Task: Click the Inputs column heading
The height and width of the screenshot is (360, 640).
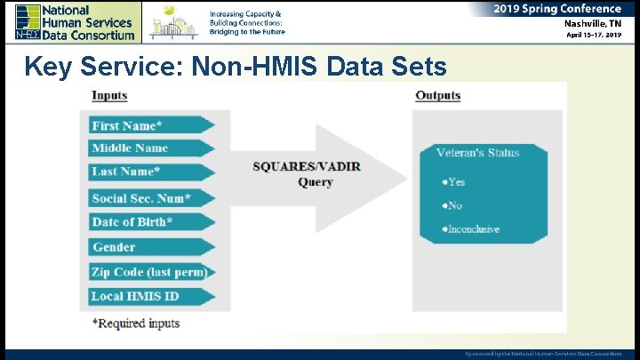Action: (x=109, y=96)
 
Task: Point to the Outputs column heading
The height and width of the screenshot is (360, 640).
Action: (x=437, y=96)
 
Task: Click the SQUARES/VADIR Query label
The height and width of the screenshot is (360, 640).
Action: (x=307, y=174)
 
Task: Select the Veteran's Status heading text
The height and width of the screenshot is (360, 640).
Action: (x=477, y=153)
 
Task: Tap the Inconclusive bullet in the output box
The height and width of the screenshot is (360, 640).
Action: (x=470, y=229)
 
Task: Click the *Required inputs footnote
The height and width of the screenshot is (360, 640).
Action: (x=136, y=323)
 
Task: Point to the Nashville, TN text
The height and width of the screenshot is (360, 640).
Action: (x=591, y=24)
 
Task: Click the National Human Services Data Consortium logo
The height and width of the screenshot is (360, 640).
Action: (x=75, y=21)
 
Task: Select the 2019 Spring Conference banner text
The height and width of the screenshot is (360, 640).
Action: (x=557, y=9)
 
